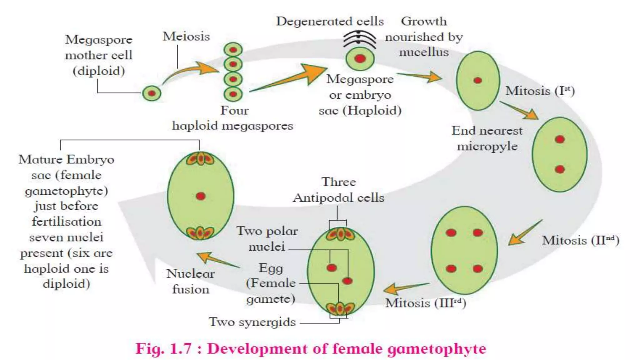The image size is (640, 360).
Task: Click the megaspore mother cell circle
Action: [x=152, y=93]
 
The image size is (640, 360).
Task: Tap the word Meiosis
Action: [x=186, y=37]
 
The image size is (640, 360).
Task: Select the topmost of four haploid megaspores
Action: [x=233, y=50]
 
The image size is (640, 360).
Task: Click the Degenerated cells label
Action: [x=330, y=21]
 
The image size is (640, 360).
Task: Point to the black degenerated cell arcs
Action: [x=359, y=39]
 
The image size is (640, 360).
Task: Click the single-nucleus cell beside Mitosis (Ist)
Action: [x=477, y=81]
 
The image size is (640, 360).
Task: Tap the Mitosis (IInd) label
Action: [x=580, y=241]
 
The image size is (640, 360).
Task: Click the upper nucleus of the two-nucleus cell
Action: [x=560, y=139]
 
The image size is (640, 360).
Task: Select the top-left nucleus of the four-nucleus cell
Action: [x=451, y=232]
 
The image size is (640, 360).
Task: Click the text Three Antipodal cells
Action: [x=339, y=190]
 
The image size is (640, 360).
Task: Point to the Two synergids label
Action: [x=252, y=322]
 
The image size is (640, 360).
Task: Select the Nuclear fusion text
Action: [x=191, y=281]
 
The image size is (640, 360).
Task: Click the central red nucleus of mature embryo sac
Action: [x=201, y=196]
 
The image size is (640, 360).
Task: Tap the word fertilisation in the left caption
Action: [x=67, y=222]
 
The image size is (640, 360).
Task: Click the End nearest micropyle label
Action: [x=487, y=138]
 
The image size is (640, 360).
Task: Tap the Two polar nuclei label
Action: [x=267, y=239]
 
